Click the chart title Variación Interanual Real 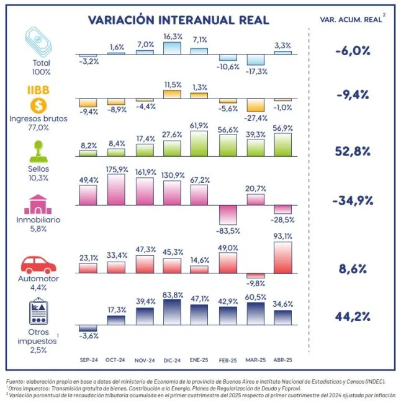[179, 20]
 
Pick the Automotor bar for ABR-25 [282, 257]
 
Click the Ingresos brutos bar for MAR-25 [256, 105]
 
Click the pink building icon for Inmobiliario [38, 203]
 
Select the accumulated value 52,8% [351, 151]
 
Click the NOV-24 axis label [144, 359]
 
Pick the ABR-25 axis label [282, 359]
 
